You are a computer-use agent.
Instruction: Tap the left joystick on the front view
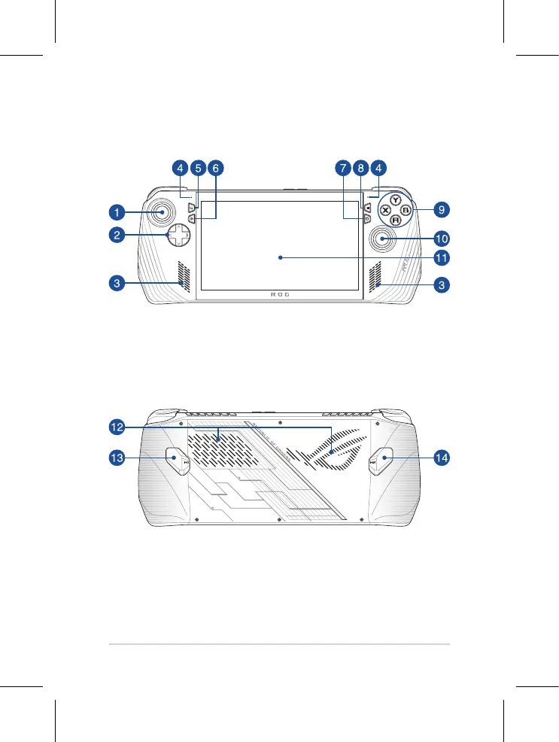coord(161,212)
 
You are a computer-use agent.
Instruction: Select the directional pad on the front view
coord(178,235)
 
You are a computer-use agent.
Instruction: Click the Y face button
coord(393,201)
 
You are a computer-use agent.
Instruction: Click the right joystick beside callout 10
coord(383,239)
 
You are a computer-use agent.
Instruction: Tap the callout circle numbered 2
coord(116,236)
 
